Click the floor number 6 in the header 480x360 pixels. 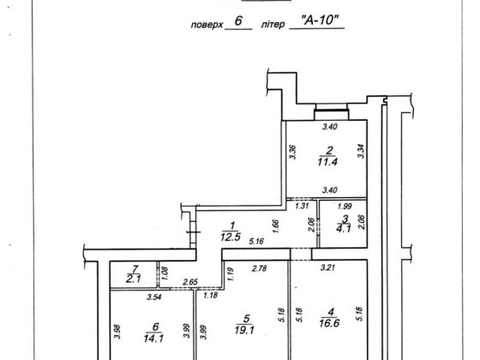click(238, 21)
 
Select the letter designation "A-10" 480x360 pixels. click(320, 21)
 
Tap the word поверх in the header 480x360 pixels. click(207, 25)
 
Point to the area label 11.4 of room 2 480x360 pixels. click(327, 162)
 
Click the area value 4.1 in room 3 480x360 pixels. click(343, 229)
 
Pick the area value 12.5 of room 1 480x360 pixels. click(231, 237)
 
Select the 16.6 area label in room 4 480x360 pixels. click(329, 323)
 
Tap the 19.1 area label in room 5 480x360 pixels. click(244, 330)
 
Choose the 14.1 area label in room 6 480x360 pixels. click(153, 338)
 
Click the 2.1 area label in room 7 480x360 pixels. click(133, 279)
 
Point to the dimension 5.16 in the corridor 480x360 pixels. click(256, 242)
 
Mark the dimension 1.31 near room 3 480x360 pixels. click(302, 206)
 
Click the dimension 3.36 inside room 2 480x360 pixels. click(293, 152)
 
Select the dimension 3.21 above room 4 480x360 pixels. click(327, 267)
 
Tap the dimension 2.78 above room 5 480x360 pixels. click(259, 268)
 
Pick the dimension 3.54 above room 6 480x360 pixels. click(154, 297)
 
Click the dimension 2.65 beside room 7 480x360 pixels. click(190, 282)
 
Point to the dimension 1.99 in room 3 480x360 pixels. click(345, 207)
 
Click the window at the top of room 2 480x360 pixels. click(332, 111)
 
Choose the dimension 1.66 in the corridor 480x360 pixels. click(276, 226)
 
